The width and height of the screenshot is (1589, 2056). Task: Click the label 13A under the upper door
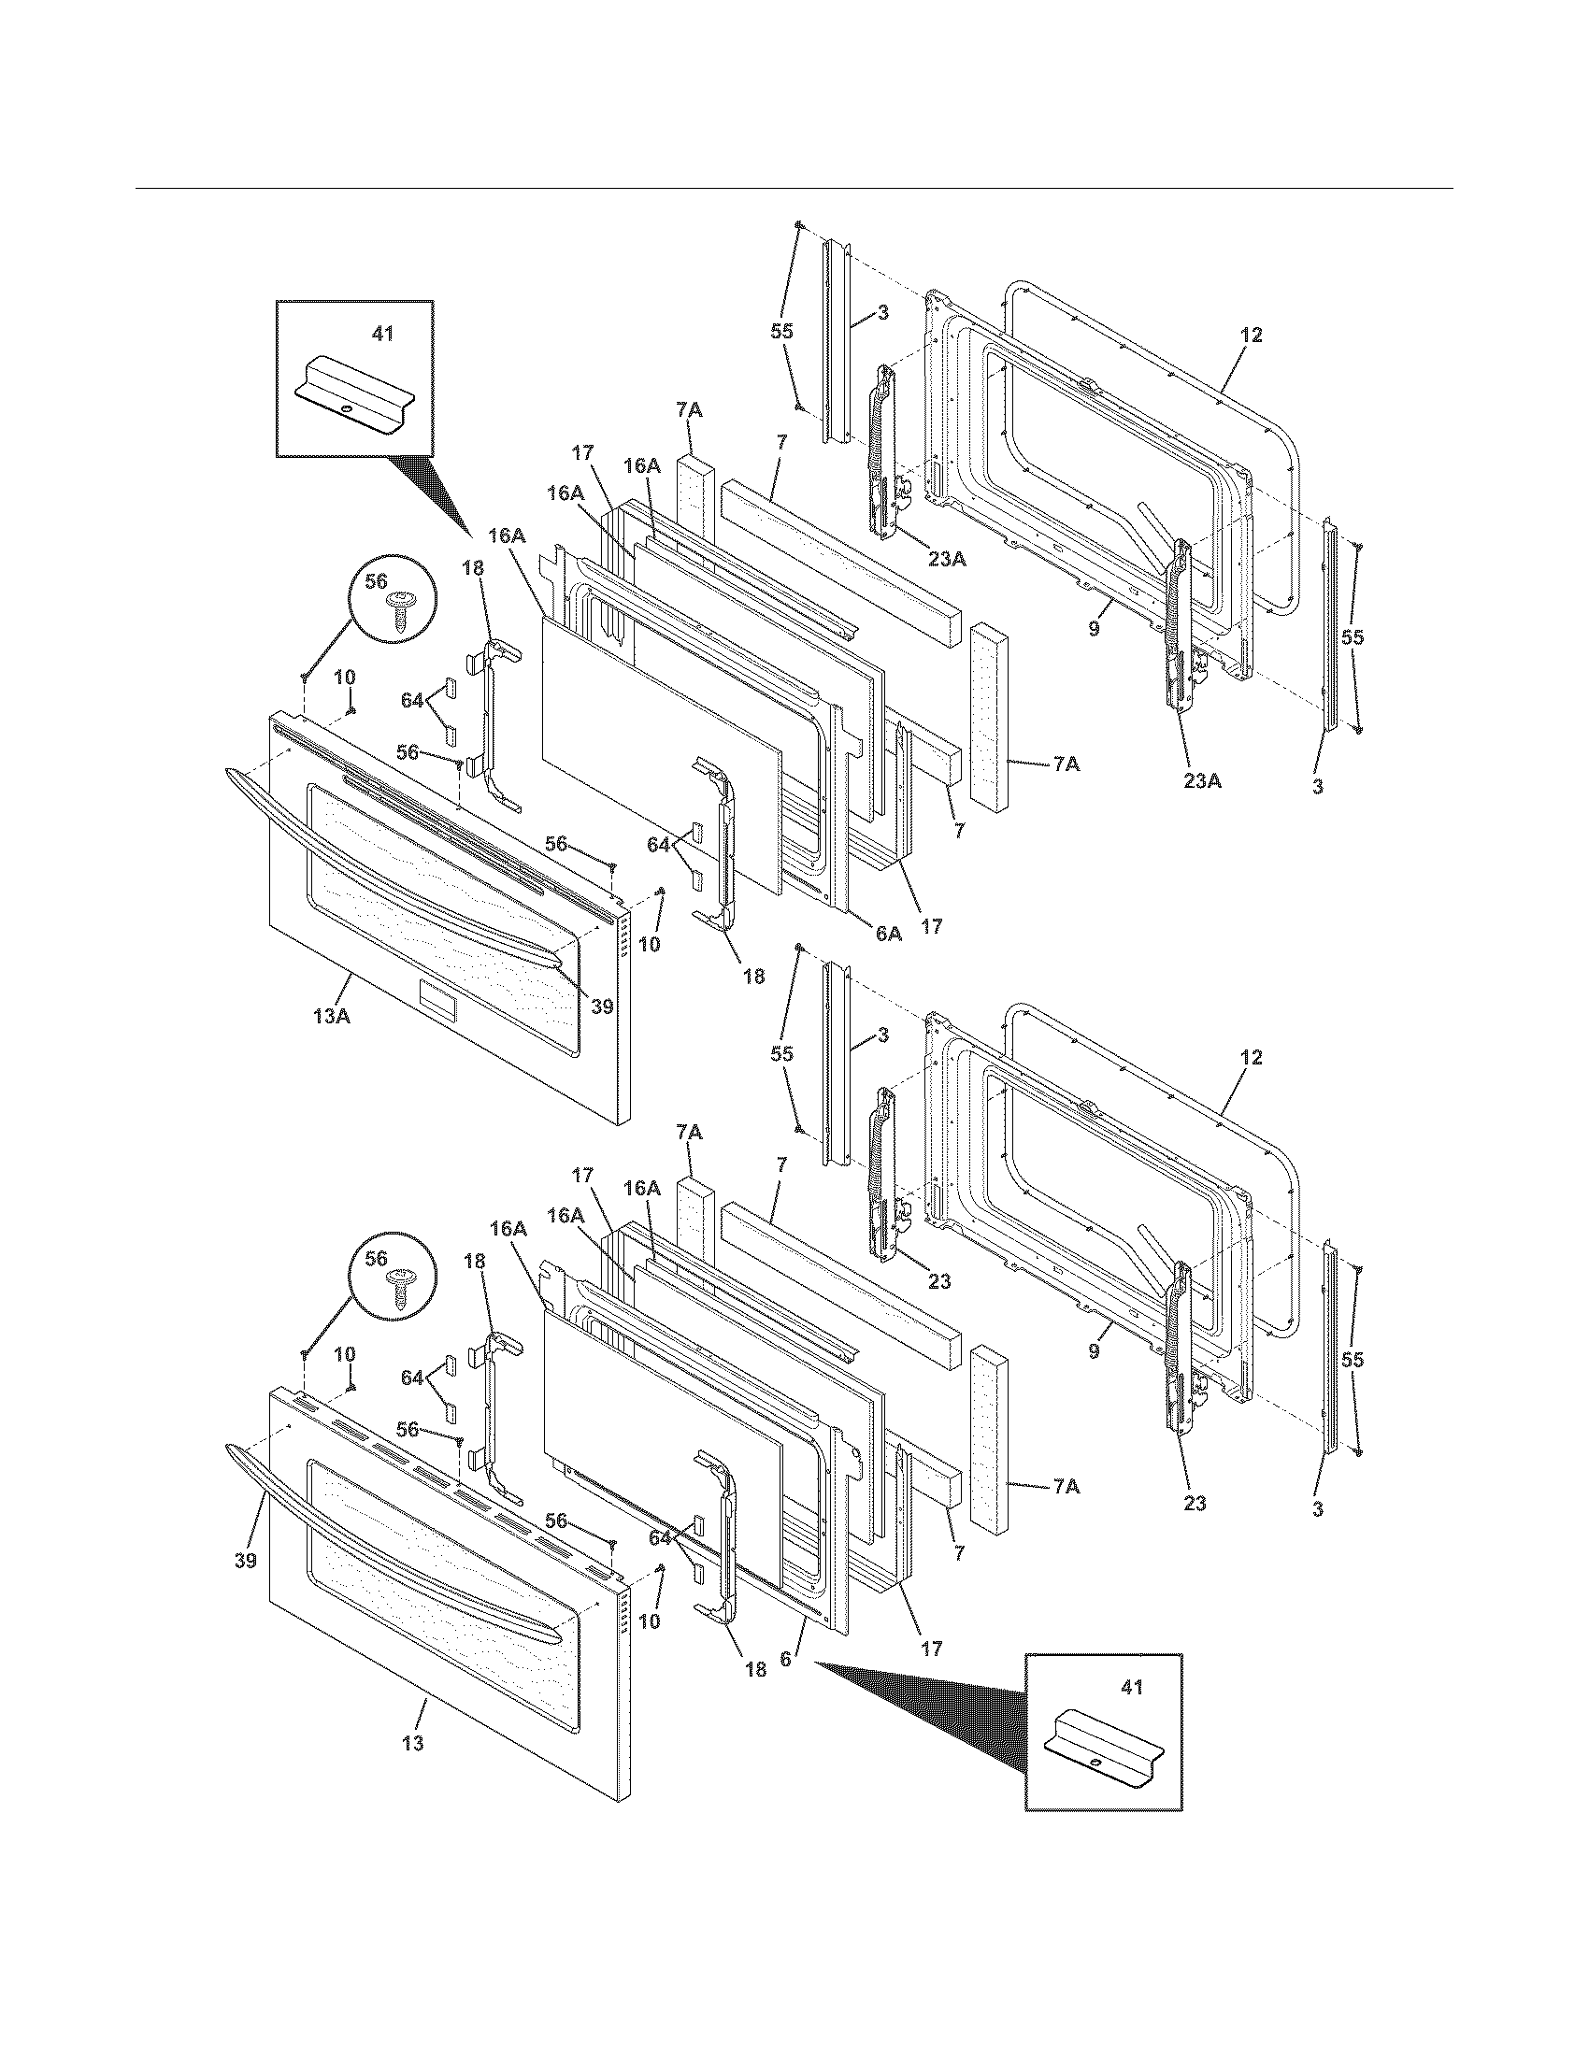332,1017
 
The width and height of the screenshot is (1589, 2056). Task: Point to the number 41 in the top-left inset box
383,334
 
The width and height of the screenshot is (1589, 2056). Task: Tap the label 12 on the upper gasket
1251,336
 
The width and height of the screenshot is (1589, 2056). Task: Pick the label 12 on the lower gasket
1251,1057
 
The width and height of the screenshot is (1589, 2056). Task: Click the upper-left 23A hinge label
947,559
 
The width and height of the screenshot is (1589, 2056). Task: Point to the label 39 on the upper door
602,1006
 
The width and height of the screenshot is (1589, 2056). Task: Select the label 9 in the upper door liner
1094,630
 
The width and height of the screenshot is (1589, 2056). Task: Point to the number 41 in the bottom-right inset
1132,1688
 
